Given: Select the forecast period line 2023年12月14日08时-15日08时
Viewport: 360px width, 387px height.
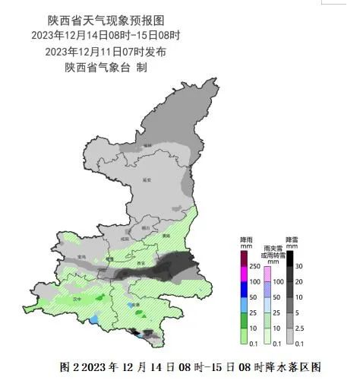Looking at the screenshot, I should (106, 36).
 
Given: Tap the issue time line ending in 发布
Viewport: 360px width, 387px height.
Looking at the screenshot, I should (106, 52).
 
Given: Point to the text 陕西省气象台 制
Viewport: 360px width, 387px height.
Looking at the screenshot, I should (106, 68).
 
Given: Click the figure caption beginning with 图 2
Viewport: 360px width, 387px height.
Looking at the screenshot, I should (190, 367).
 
